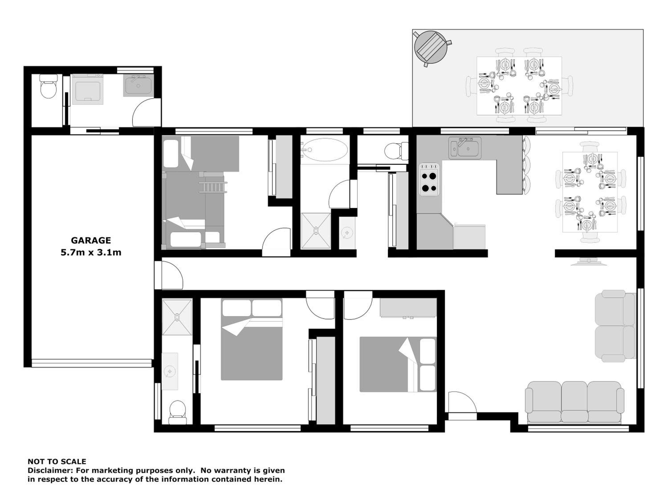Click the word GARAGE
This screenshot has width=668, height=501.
[91, 240]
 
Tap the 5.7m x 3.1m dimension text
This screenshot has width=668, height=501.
[91, 253]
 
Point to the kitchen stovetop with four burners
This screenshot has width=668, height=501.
[429, 179]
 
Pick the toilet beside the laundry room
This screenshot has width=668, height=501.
[49, 86]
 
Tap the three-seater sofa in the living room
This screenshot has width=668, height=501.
[575, 403]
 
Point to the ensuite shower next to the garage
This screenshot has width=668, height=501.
[177, 317]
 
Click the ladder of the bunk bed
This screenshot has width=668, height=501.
[213, 187]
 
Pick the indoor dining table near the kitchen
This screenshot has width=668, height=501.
[590, 192]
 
